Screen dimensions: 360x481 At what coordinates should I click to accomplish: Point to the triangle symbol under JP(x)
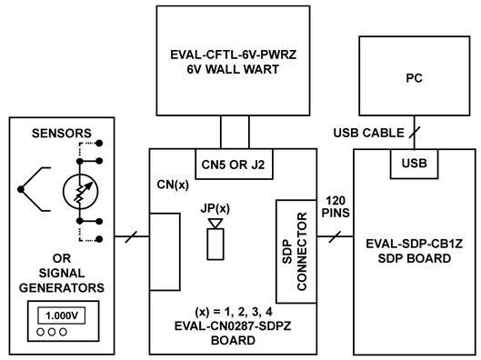(215, 223)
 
